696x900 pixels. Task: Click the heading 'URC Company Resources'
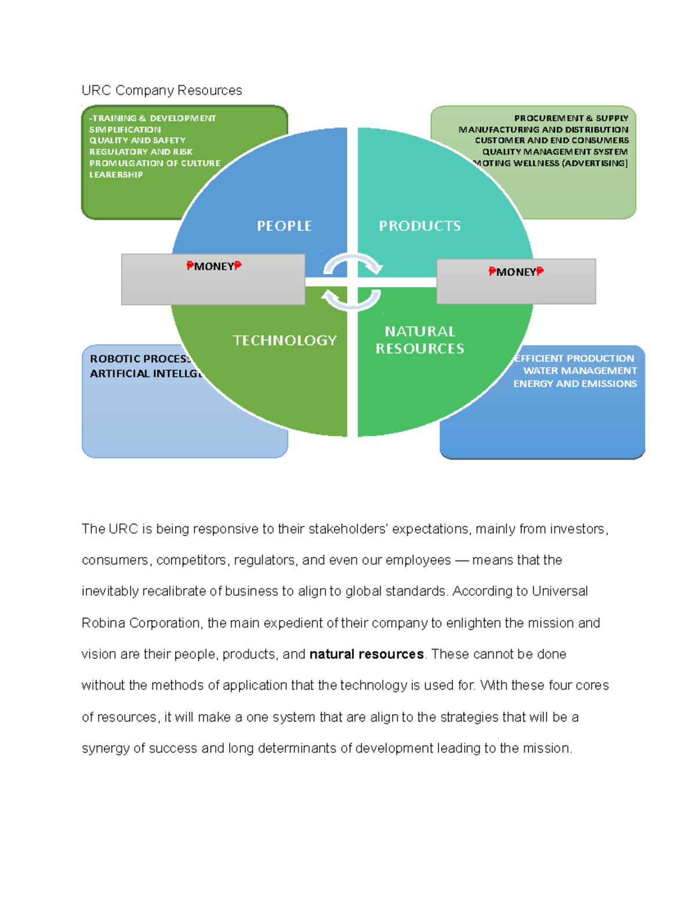point(161,90)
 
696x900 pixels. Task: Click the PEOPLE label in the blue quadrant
point(284,226)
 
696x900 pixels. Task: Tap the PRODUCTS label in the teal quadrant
point(420,226)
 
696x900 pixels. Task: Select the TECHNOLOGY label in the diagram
point(285,340)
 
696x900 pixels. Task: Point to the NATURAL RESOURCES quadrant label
point(420,340)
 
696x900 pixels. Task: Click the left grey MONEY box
point(213,279)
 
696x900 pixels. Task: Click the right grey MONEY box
point(516,281)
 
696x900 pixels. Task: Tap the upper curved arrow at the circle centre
point(352,264)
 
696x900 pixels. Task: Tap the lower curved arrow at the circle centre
point(351,299)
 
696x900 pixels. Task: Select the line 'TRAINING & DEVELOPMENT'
point(153,118)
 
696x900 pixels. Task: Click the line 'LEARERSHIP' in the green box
point(116,174)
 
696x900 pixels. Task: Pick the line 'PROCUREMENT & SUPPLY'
point(571,118)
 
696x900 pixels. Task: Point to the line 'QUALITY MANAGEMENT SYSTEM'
point(554,152)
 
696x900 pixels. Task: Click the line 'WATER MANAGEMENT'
point(579,371)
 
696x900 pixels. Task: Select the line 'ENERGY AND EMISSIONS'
point(575,384)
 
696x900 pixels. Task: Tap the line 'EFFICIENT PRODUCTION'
point(574,358)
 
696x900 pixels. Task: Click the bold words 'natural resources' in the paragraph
point(367,654)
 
